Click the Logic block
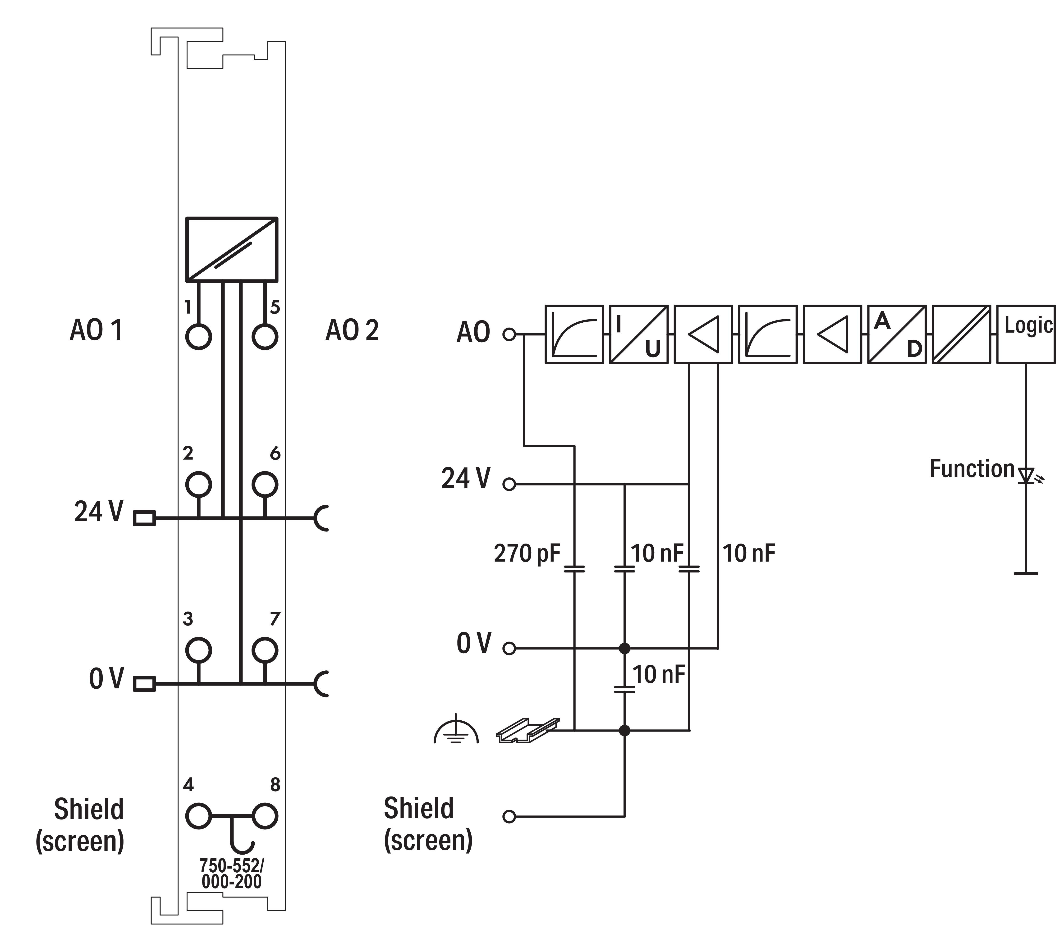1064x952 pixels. [1025, 334]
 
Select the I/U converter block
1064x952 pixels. [639, 334]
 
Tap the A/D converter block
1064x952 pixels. [897, 334]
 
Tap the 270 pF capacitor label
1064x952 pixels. [527, 554]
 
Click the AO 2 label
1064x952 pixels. [352, 330]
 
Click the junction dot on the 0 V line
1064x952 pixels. [624, 649]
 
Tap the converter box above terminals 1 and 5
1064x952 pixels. [231, 250]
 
